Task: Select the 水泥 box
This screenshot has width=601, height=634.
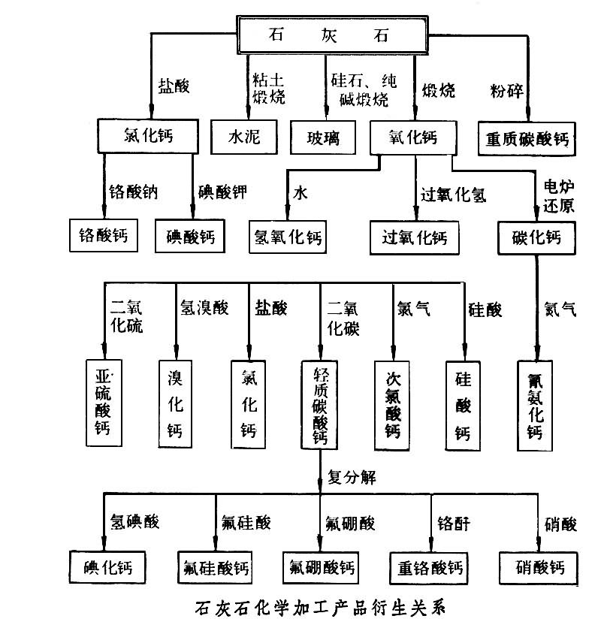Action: pos(243,138)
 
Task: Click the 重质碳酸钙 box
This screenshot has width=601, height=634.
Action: pos(527,139)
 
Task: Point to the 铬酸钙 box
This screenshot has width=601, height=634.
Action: pos(103,236)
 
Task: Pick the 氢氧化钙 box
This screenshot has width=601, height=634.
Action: pos(285,237)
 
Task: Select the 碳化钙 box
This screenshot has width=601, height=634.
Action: pos(536,238)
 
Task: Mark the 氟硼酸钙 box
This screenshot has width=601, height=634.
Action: pos(319,566)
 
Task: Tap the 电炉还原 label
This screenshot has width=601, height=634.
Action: pos(558,195)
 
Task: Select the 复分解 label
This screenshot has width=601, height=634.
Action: pos(352,476)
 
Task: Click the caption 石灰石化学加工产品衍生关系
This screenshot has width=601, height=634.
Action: pos(319,608)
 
